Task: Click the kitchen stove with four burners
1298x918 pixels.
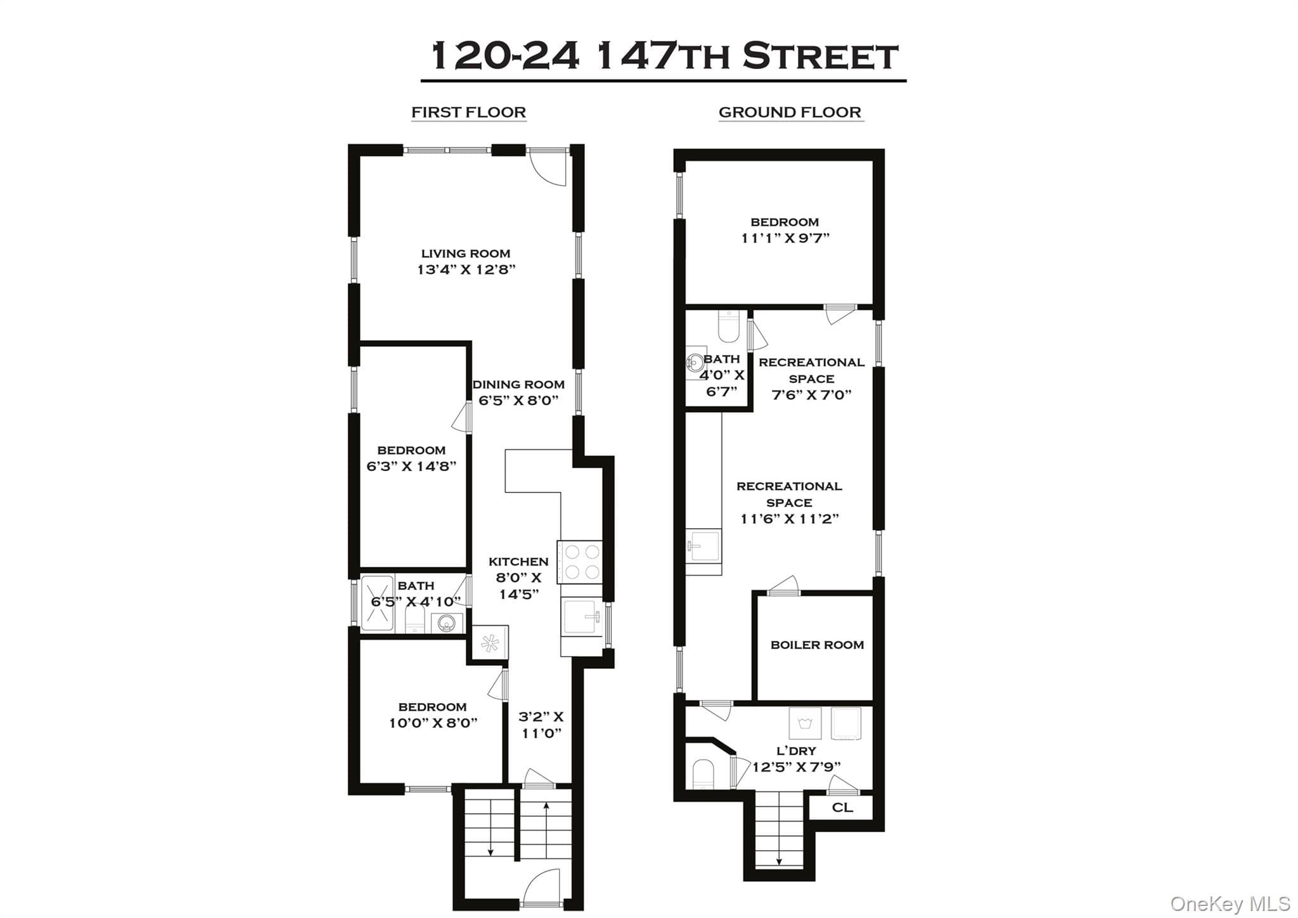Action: click(x=579, y=562)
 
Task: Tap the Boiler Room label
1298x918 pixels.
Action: click(x=817, y=645)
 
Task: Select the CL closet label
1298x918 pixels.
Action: click(x=842, y=808)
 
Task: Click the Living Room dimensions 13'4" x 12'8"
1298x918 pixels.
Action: click(x=466, y=269)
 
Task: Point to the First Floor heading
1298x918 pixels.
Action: click(x=469, y=112)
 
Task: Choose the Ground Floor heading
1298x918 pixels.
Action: click(x=790, y=112)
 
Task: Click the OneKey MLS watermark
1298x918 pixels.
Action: click(x=1230, y=903)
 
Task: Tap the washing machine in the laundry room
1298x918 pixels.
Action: click(x=805, y=723)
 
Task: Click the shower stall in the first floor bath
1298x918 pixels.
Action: click(x=377, y=602)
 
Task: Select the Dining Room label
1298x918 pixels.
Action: click(x=518, y=384)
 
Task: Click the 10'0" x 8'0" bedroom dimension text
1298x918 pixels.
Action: click(x=433, y=723)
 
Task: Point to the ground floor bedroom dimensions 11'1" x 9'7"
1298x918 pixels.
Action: click(x=785, y=238)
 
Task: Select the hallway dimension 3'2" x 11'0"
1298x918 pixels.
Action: click(x=541, y=725)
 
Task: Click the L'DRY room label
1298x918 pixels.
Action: click(x=796, y=751)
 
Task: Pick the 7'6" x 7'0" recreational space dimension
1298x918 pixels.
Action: click(x=811, y=395)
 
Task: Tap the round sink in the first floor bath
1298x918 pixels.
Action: click(x=447, y=624)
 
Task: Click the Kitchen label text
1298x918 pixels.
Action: click(x=518, y=562)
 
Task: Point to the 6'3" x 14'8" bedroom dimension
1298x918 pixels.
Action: click(x=411, y=467)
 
